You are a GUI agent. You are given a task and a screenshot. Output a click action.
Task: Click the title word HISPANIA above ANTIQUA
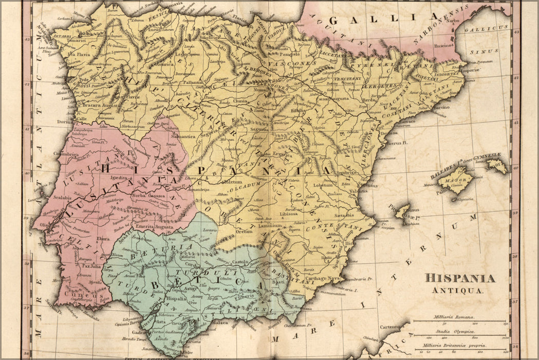(x=460, y=279)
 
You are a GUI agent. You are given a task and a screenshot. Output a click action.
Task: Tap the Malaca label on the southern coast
(x=219, y=322)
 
